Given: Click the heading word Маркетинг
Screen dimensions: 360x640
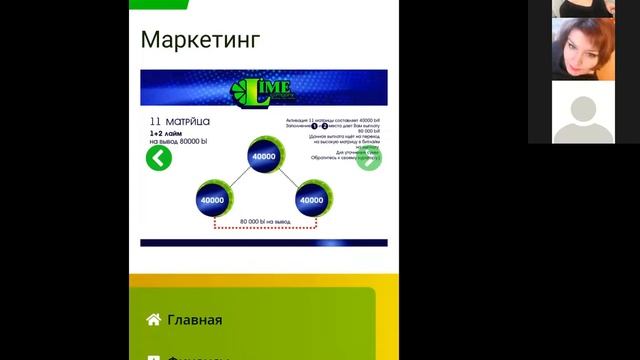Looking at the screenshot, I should coord(201,40).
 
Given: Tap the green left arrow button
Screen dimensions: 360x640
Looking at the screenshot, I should coord(158,158).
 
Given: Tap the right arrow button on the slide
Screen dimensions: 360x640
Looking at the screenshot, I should coord(369,158).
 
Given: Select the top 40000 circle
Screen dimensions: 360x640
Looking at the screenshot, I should coord(264,157).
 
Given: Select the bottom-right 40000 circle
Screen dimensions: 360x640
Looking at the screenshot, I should coord(312,200).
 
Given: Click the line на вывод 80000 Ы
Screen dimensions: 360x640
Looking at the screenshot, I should coord(177,142).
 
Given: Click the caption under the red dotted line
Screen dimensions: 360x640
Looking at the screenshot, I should coord(263,221).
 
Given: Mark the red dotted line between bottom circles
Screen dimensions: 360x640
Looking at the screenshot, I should coord(263,229).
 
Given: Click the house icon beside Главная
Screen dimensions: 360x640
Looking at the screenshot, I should coord(153,320).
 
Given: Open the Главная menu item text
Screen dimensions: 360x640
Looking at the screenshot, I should coord(195,320).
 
